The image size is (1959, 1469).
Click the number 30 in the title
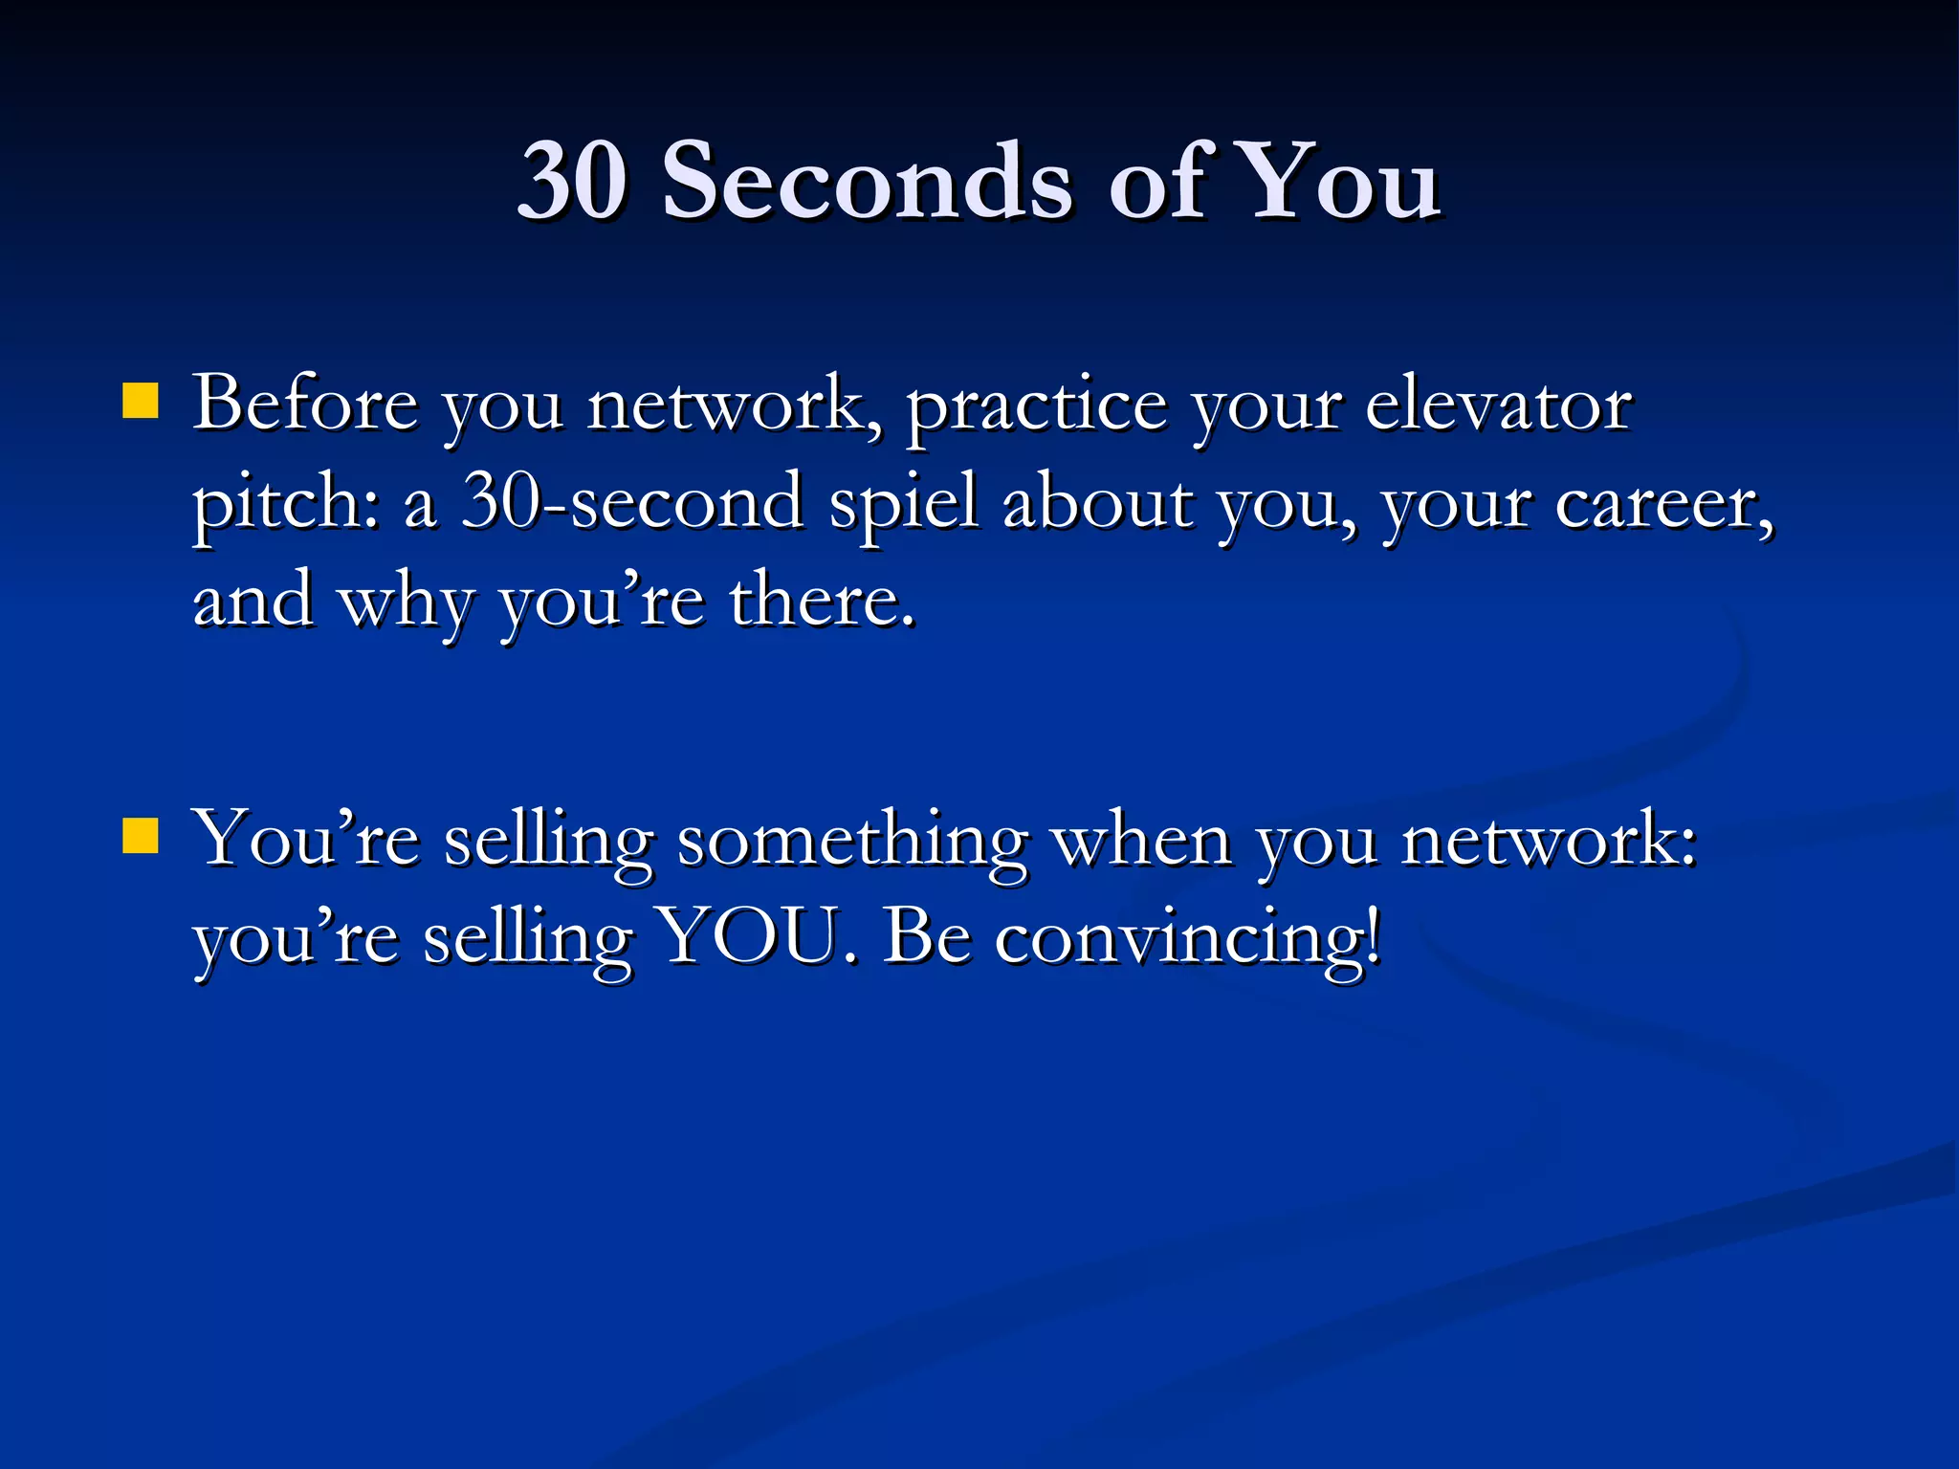[572, 180]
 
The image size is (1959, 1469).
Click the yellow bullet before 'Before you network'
[141, 402]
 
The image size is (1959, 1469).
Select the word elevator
[1498, 404]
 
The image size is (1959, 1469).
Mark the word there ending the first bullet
[821, 601]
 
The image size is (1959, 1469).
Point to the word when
[1141, 840]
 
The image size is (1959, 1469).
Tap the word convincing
[1187, 940]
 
